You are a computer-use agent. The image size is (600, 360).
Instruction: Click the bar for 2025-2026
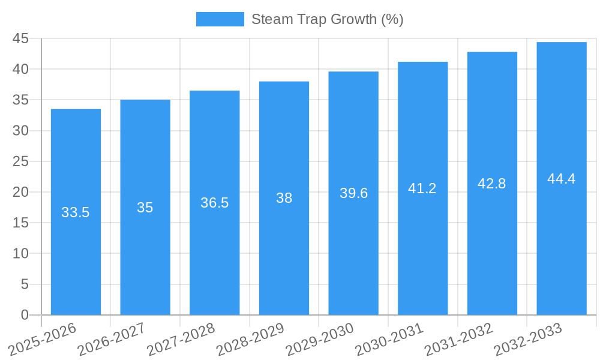coord(76,252)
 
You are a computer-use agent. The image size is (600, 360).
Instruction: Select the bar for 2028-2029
coord(284,252)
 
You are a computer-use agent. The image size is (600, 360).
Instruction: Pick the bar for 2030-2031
coord(422,252)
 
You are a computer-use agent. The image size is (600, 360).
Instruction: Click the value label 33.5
coord(76,212)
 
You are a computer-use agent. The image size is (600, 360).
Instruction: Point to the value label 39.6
coord(353,193)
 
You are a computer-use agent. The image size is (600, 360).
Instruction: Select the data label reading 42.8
coord(492,184)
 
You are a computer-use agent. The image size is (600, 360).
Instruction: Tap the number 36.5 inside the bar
coord(214,203)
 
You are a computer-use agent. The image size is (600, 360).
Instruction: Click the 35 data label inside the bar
coord(145,208)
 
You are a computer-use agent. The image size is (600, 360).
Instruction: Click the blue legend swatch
coord(220,19)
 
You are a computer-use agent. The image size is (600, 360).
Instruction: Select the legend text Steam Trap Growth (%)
coord(327,19)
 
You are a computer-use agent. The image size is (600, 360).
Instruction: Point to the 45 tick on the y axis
coord(20,38)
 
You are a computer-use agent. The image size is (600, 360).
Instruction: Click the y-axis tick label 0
coord(25,315)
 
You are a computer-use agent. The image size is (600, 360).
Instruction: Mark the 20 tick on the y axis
coord(20,192)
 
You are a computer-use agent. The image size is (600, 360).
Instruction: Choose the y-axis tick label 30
coord(20,131)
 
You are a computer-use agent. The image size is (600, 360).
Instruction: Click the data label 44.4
coord(562,179)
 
